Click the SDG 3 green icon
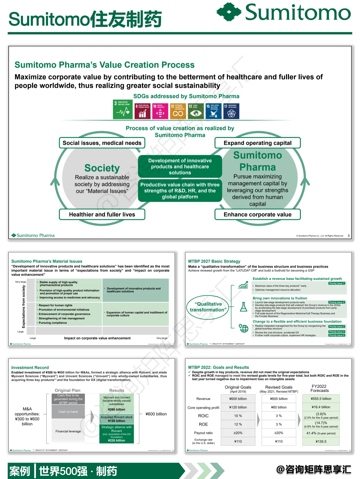pos(123,109)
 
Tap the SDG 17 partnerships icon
pos(231,111)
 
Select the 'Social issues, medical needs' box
pos(102,143)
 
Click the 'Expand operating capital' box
pos(257,143)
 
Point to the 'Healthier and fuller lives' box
pos(102,215)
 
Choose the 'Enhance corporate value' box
pos(257,215)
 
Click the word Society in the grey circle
pos(102,168)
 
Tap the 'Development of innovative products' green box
pos(180,167)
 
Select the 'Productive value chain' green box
pos(180,191)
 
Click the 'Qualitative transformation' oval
pos(208,307)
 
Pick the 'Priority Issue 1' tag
pos(337,283)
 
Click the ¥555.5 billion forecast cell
pos(321,399)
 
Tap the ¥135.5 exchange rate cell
pos(321,441)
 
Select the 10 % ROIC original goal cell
pos(238,416)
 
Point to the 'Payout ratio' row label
pos(203,433)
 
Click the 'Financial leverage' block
pos(68,431)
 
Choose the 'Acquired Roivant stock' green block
pos(117,419)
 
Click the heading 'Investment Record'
pos(30,368)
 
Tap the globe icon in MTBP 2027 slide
pos(244,328)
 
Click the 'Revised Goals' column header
pos(279,387)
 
